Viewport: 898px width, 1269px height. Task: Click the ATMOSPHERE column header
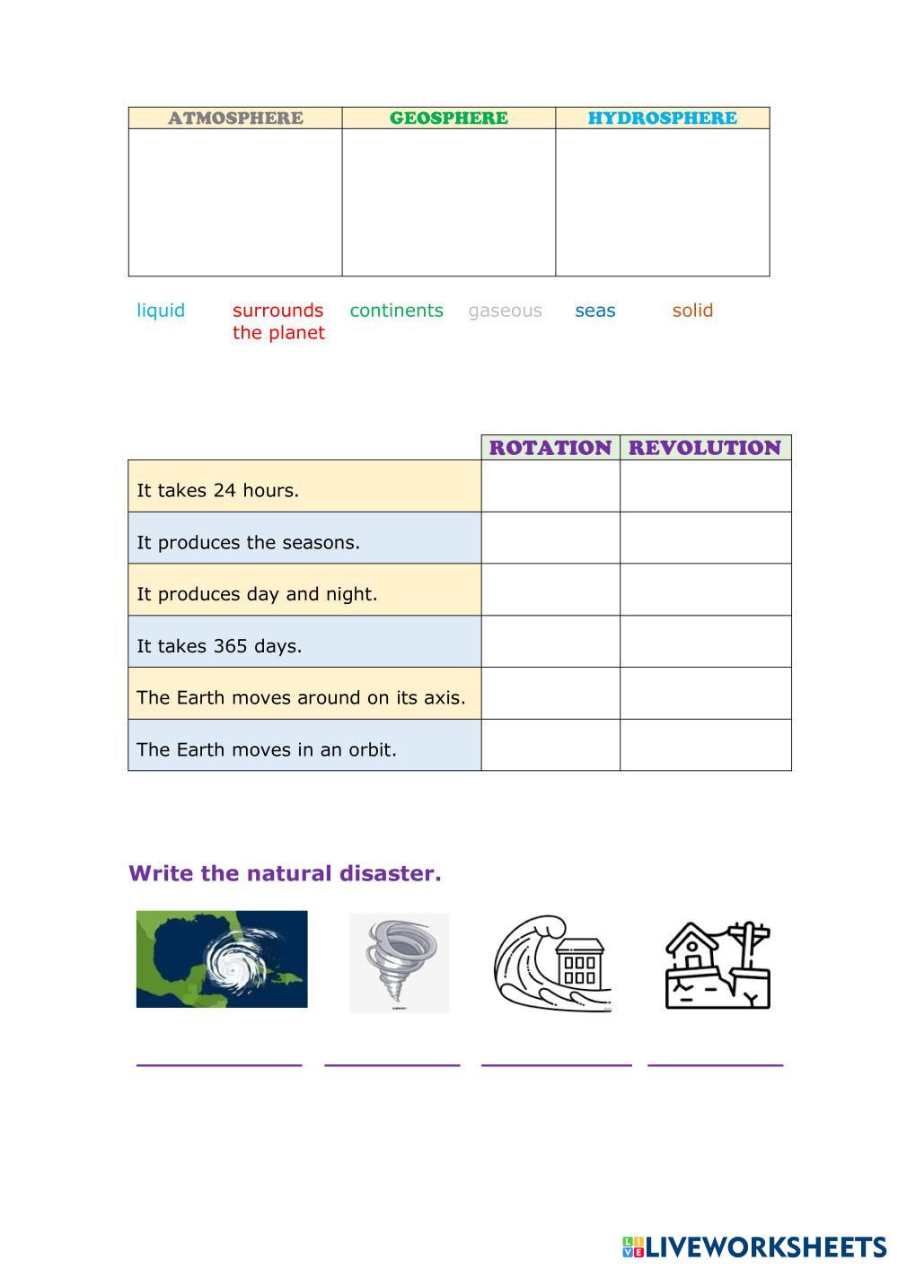pyautogui.click(x=235, y=118)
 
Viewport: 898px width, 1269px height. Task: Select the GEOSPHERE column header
pyautogui.click(x=448, y=118)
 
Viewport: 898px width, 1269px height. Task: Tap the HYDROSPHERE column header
pyautogui.click(x=662, y=118)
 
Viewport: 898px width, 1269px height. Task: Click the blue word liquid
pyautogui.click(x=161, y=311)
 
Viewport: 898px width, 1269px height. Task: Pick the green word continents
pyautogui.click(x=396, y=311)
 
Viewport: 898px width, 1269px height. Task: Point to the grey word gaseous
pyautogui.click(x=505, y=311)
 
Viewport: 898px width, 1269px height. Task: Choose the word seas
pyautogui.click(x=594, y=311)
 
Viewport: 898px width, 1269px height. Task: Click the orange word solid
pyautogui.click(x=692, y=311)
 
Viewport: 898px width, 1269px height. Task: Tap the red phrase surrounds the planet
pyautogui.click(x=278, y=321)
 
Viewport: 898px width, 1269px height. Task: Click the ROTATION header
pyautogui.click(x=550, y=447)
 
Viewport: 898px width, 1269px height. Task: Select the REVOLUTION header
pyautogui.click(x=705, y=447)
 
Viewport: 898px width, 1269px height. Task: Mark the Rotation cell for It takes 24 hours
pyautogui.click(x=550, y=486)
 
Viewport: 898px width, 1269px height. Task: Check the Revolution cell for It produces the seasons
pyautogui.click(x=705, y=538)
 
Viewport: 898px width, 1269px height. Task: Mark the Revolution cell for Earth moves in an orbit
pyautogui.click(x=705, y=745)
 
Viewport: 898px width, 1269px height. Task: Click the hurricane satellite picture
pyautogui.click(x=222, y=958)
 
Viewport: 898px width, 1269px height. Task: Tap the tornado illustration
pyautogui.click(x=399, y=963)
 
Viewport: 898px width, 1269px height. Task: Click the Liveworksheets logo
pyautogui.click(x=753, y=1247)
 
